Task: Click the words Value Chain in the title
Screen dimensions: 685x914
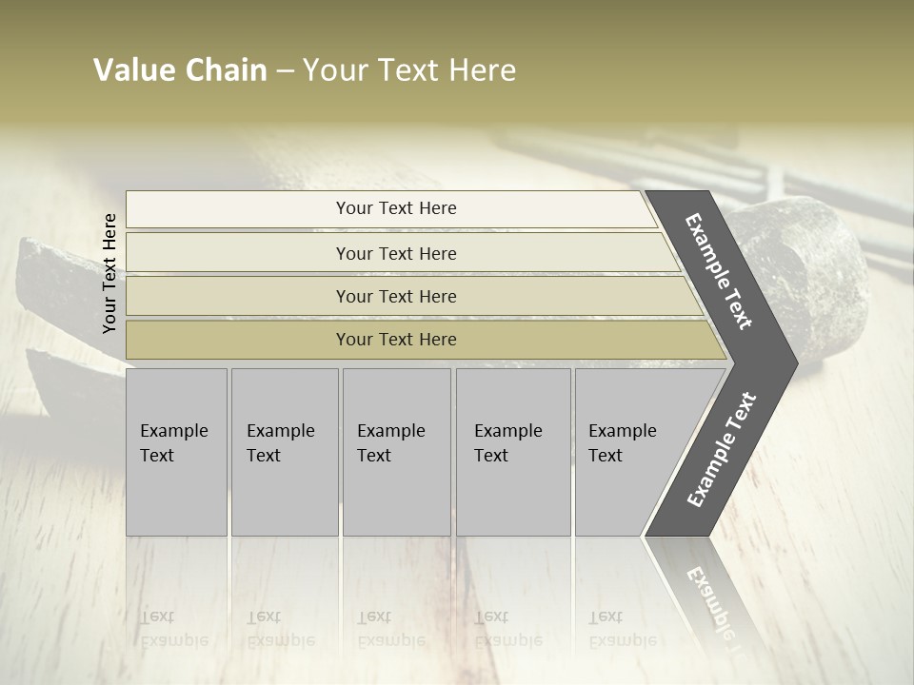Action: point(180,70)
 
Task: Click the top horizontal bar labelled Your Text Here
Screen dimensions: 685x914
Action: point(395,208)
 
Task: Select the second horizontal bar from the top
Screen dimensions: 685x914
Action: point(395,253)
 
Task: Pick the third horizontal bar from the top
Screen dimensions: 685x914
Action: point(395,296)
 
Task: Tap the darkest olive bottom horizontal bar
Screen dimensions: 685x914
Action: point(395,340)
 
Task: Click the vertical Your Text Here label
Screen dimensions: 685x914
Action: point(109,273)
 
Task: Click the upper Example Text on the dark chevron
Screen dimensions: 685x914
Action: point(719,271)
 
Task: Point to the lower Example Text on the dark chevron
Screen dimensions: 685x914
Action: point(721,449)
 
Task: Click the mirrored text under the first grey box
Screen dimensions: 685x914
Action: point(174,628)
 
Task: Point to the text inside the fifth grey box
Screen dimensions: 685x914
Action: point(622,442)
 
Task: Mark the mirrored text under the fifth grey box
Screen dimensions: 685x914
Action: point(622,628)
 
